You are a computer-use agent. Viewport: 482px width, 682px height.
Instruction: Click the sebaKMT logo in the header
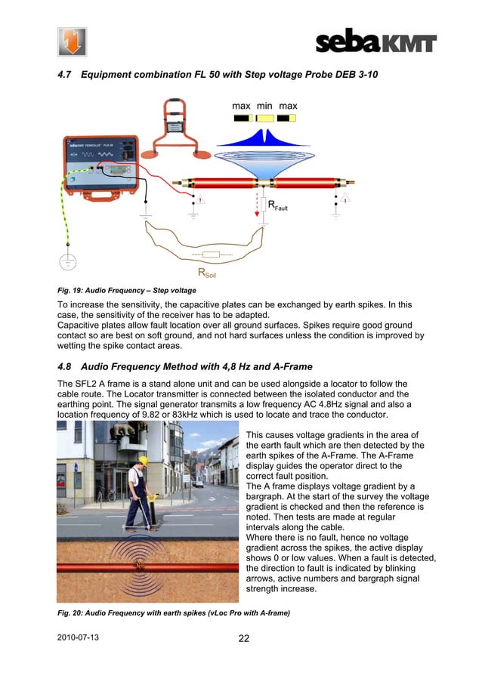tap(375, 42)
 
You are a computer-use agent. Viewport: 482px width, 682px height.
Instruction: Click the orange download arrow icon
tap(72, 42)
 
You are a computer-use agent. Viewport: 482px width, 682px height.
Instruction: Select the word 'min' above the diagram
tap(264, 106)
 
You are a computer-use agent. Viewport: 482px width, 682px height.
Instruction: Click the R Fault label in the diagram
tap(279, 205)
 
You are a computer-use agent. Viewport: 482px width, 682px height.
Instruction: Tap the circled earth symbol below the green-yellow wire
tap(68, 261)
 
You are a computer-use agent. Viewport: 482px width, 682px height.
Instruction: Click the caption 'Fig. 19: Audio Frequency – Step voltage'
tap(127, 290)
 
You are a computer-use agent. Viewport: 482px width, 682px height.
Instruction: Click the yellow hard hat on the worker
tap(141, 460)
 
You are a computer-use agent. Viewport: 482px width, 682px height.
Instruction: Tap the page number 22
tap(244, 639)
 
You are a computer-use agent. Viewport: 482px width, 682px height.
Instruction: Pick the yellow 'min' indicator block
tap(264, 118)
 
